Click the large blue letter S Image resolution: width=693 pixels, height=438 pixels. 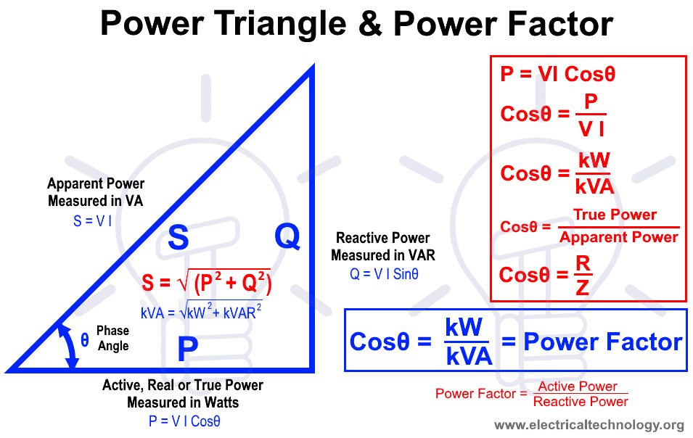(179, 238)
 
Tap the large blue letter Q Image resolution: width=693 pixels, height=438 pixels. (287, 236)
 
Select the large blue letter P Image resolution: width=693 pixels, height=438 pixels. (188, 350)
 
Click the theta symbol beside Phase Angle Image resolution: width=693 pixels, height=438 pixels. (85, 339)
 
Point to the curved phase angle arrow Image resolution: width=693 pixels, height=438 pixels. (68, 347)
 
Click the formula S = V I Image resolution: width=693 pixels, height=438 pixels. (92, 221)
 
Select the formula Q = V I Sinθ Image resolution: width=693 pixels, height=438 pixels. (383, 274)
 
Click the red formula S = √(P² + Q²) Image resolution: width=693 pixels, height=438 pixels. (206, 284)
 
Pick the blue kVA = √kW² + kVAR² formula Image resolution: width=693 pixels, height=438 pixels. (201, 312)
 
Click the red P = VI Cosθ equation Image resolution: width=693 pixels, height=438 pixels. (558, 75)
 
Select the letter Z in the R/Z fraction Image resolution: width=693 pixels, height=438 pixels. (582, 288)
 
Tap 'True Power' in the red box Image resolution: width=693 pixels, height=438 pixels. (615, 215)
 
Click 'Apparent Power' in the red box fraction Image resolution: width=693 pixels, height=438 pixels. (619, 237)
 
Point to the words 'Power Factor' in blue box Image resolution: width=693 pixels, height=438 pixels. (602, 342)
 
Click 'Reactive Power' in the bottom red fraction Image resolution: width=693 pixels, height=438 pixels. (581, 401)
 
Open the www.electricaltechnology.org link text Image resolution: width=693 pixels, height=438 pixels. (589, 425)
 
